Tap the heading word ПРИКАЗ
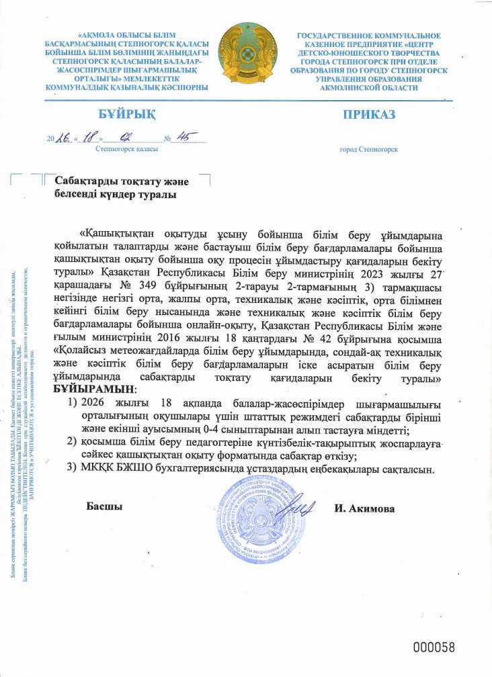pos(369,114)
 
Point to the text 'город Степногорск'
pos(369,149)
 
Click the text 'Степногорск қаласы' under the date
pos(127,149)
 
